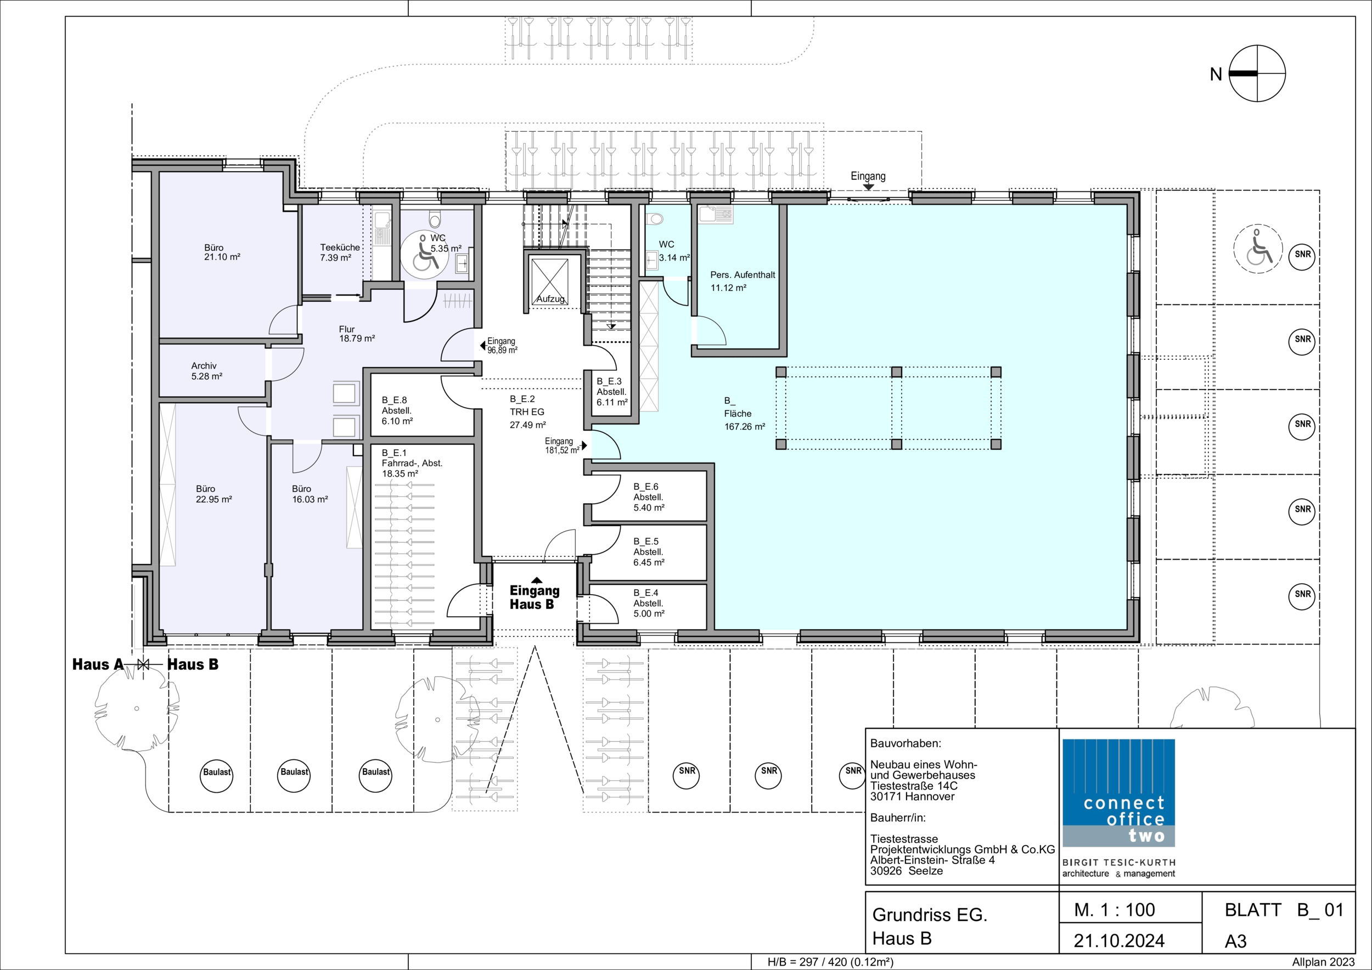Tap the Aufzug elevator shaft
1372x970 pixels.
pyautogui.click(x=550, y=281)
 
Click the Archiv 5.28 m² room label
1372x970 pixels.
pyautogui.click(x=207, y=371)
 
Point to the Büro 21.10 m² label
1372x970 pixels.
pyautogui.click(x=222, y=252)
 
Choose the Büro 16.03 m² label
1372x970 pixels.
pyautogui.click(x=310, y=494)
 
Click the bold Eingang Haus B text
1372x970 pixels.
pyautogui.click(x=534, y=597)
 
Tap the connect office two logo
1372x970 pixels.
pyautogui.click(x=1118, y=793)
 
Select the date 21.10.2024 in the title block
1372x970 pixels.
pyautogui.click(x=1119, y=941)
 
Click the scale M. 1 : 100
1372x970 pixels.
pyautogui.click(x=1115, y=910)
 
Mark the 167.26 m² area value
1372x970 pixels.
pyautogui.click(x=745, y=426)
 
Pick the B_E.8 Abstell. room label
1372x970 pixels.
pyautogui.click(x=397, y=410)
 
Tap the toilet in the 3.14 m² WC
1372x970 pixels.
pyautogui.click(x=655, y=219)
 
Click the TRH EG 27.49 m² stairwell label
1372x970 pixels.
pyautogui.click(x=527, y=412)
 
